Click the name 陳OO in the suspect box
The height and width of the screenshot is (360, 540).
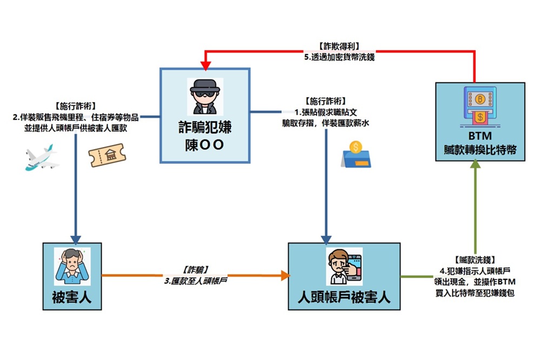click(x=205, y=145)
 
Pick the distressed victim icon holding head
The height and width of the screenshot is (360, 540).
click(x=72, y=266)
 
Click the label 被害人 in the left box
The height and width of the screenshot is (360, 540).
click(x=72, y=297)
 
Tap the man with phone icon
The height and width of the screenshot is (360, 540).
click(x=344, y=266)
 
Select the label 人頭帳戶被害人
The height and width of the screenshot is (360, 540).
click(x=344, y=298)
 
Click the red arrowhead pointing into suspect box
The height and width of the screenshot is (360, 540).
click(x=205, y=64)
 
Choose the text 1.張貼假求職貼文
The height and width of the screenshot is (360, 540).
click(x=325, y=112)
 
